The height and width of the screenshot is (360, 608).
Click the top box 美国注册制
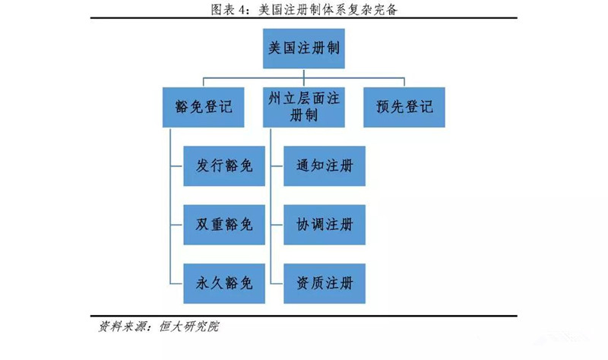303,49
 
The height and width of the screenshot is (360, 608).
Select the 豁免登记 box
203,107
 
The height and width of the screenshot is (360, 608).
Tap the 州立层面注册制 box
303,107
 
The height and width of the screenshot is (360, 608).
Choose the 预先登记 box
404,107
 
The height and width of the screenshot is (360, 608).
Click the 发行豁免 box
224,166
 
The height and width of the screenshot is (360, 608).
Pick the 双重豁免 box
224,225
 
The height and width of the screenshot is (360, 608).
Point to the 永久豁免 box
224,283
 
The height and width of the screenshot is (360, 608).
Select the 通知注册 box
325,166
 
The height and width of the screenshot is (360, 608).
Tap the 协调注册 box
325,225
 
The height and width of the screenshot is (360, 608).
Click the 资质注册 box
325,283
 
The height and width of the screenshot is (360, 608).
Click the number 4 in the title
242,10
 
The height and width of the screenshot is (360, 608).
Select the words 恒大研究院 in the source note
189,327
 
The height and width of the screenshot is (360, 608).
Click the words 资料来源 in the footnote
121,327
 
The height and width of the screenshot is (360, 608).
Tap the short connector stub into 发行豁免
176,166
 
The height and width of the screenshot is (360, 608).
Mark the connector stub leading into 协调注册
277,225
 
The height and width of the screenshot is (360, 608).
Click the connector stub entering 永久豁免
176,283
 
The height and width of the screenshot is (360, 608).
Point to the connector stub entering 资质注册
277,283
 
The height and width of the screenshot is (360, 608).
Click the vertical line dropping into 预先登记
404,83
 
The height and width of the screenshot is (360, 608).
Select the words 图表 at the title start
223,10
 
